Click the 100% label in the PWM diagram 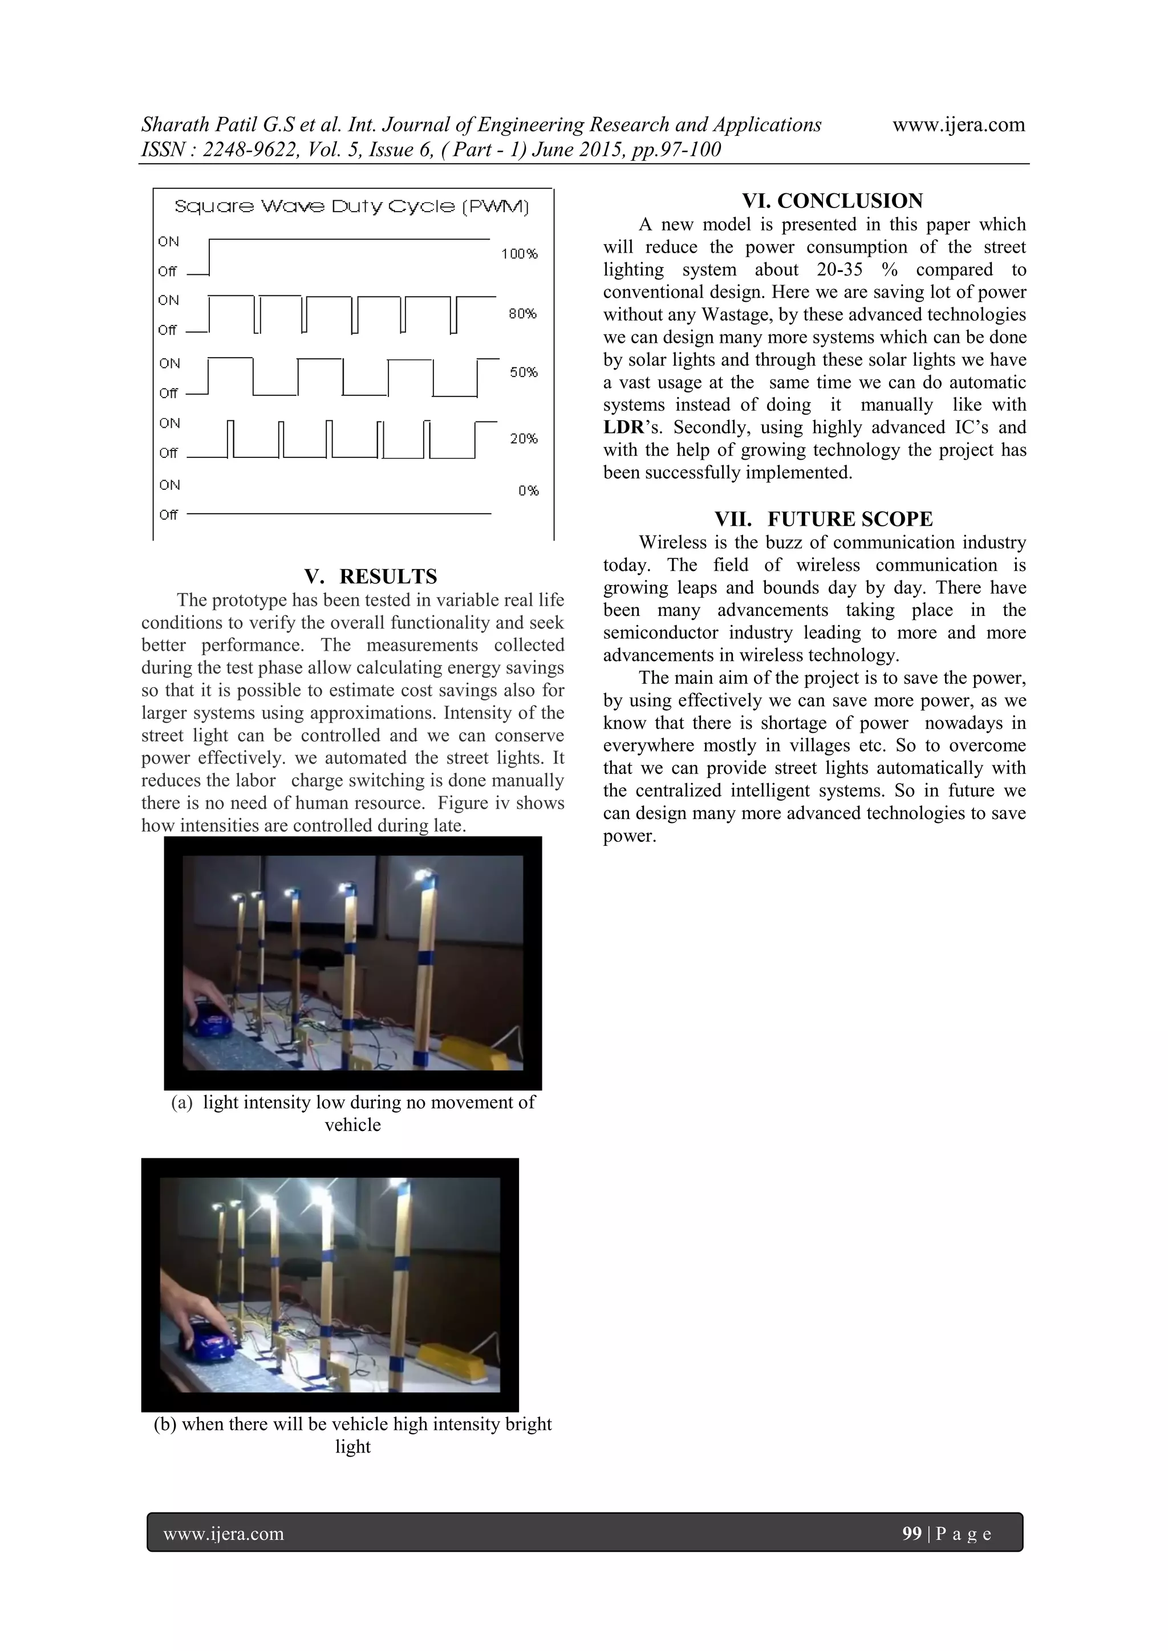point(520,254)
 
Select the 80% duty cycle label point(523,314)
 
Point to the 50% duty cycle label point(524,372)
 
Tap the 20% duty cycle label point(524,439)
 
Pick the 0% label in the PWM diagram point(529,491)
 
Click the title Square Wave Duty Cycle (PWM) point(352,207)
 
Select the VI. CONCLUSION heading point(832,201)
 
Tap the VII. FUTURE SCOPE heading point(824,519)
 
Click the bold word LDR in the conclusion point(623,428)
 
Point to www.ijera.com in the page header point(958,124)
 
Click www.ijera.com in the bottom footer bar point(224,1534)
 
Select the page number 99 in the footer point(911,1533)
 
